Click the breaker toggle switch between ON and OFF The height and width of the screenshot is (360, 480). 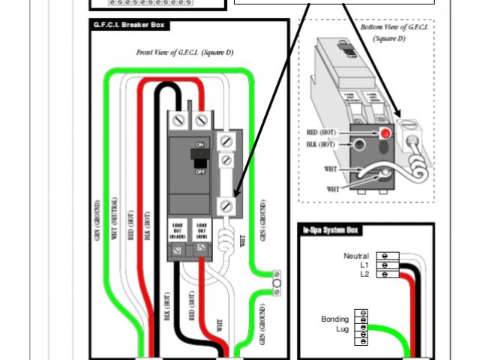tap(199, 157)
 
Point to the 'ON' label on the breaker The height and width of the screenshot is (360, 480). tap(200, 144)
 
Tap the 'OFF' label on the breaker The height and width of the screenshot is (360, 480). tap(200, 172)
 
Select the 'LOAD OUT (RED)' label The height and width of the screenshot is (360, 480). tap(201, 229)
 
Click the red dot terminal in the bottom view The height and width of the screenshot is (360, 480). tap(385, 133)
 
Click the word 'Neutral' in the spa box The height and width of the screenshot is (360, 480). tap(356, 256)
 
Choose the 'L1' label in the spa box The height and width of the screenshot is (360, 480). tap(364, 265)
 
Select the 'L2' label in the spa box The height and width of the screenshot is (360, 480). tap(364, 274)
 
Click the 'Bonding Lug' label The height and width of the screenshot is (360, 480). tap(335, 324)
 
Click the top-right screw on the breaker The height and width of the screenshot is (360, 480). tap(200, 120)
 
